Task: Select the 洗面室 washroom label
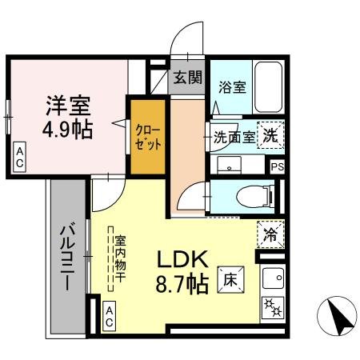click(235, 137)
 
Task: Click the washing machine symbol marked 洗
click(271, 136)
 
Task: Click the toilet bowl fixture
click(254, 194)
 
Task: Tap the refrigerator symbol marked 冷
click(271, 234)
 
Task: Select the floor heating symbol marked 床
click(229, 279)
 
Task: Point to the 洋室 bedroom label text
click(66, 106)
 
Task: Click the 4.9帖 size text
click(68, 129)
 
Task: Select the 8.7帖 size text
click(182, 282)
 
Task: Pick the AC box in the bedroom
click(18, 156)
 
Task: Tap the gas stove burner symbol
click(272, 307)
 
